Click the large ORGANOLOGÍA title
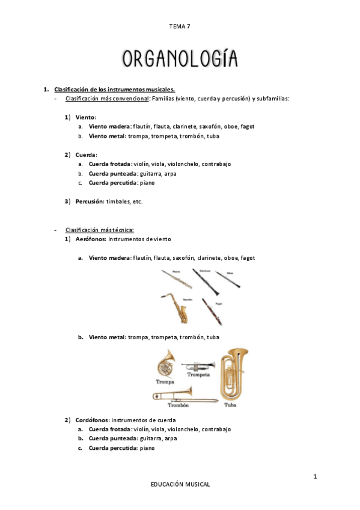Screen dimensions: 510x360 [180, 58]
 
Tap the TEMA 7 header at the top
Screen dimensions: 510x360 [180, 26]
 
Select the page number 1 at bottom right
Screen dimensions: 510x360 [315, 477]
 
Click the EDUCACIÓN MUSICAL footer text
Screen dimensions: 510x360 [180, 484]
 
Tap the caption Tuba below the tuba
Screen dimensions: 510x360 [230, 405]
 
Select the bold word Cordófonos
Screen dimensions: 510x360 [91, 419]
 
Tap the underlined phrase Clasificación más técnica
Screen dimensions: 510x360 [99, 230]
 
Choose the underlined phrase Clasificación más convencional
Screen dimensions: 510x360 [106, 98]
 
